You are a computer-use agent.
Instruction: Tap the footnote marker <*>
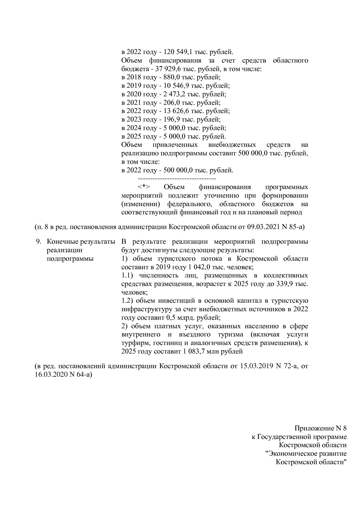[144, 187]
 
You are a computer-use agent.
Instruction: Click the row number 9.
[38, 242]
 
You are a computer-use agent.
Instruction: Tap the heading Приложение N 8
[321, 428]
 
